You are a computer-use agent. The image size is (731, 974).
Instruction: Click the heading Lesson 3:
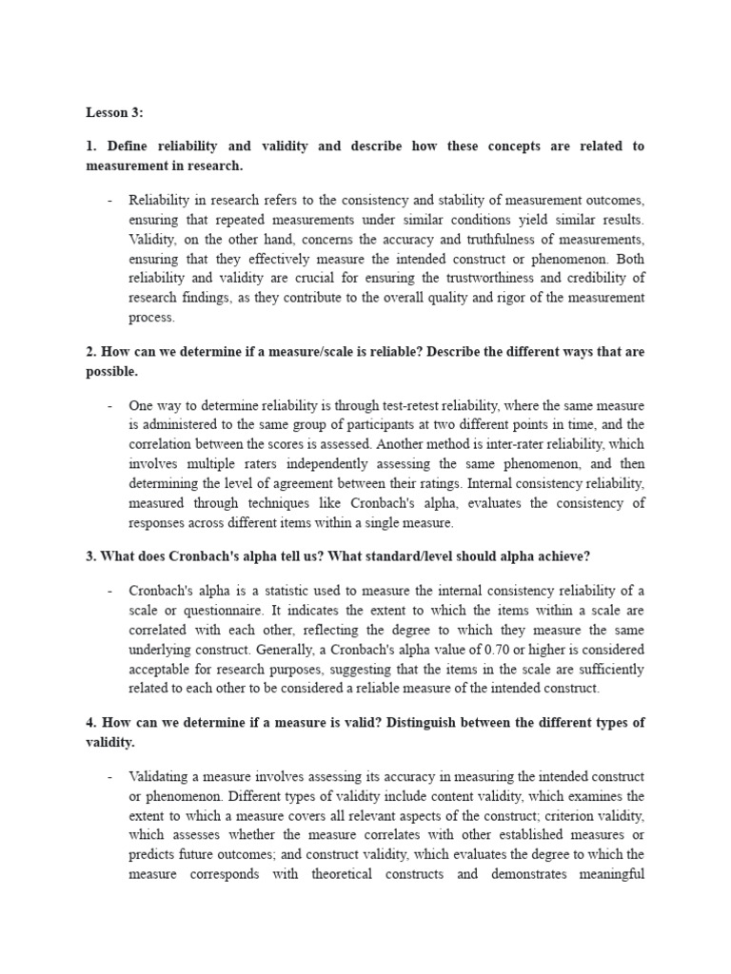(x=114, y=112)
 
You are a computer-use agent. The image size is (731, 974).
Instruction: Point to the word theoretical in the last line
(x=349, y=874)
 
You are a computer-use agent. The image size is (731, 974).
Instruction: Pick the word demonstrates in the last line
(x=533, y=874)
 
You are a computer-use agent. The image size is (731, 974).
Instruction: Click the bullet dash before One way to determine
(x=110, y=405)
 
